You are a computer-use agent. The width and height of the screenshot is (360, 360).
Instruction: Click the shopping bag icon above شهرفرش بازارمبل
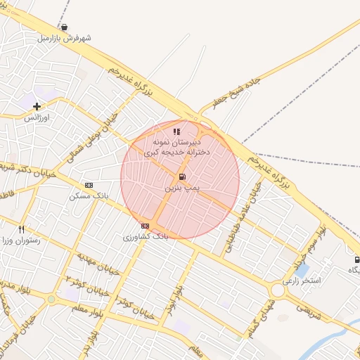pos(65,27)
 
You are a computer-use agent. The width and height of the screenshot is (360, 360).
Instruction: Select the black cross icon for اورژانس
pos(37,106)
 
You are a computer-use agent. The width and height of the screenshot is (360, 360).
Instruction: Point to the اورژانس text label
pos(40,117)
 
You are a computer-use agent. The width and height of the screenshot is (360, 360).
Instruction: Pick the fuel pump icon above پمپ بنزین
pos(182,176)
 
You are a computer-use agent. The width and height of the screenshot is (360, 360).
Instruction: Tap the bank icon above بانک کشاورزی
pos(145,225)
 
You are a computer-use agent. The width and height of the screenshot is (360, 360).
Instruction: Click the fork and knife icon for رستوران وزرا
pos(22,229)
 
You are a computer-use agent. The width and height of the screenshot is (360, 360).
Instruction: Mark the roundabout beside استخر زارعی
pos(278,289)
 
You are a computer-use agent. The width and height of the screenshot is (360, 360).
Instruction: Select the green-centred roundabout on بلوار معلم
pos(51,299)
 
